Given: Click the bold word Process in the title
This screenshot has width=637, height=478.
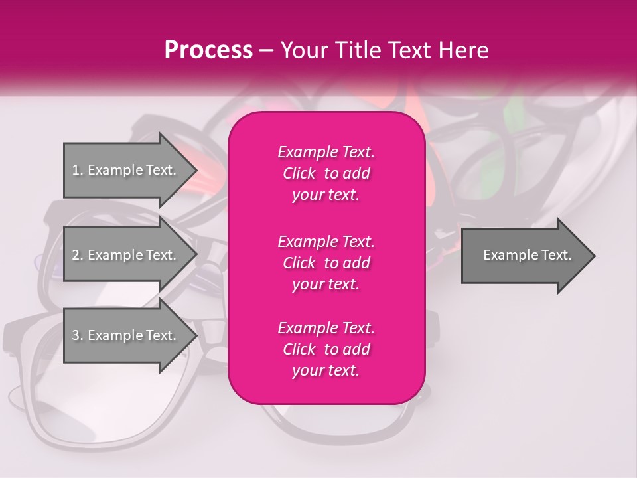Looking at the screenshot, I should point(208,50).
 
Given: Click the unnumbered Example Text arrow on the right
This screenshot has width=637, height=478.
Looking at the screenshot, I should point(527,255).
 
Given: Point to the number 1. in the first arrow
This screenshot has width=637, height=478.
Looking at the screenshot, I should point(78,170).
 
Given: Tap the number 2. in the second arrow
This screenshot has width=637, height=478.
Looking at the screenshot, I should point(78,255).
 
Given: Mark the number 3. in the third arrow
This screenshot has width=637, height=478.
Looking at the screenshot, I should point(78,335).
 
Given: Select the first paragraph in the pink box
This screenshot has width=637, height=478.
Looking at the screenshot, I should point(326,173).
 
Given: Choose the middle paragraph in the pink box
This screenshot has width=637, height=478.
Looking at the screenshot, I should point(326,262).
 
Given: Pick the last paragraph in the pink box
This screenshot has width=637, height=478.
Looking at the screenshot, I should point(326,349).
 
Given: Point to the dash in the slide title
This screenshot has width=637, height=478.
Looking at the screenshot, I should point(266,51).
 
